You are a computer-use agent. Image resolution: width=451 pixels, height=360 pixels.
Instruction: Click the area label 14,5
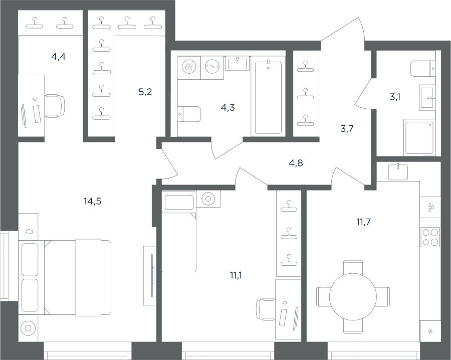93,202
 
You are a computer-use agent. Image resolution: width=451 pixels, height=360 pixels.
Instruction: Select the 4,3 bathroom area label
228,108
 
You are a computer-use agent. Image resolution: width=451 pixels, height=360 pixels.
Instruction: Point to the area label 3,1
395,97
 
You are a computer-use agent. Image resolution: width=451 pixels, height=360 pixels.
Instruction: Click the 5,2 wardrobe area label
145,92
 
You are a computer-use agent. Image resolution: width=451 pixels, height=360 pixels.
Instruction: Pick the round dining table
353,297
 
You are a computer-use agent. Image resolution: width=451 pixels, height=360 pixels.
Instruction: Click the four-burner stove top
430,237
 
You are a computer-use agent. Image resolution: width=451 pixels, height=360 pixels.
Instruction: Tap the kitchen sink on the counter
398,172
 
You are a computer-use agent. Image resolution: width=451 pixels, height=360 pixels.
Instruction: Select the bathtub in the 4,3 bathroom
268,98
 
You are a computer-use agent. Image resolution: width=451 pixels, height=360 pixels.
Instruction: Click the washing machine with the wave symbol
212,67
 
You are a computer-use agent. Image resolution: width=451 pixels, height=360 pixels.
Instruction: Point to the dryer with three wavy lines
189,67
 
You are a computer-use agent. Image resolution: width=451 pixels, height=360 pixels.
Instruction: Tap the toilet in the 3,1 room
423,69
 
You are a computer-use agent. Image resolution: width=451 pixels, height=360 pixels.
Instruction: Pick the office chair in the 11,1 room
266,310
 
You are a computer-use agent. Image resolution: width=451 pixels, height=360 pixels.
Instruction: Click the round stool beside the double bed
28,328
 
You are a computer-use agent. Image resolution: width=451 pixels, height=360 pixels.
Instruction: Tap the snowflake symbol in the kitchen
430,331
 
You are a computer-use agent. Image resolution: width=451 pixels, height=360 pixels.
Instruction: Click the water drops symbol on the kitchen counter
430,207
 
